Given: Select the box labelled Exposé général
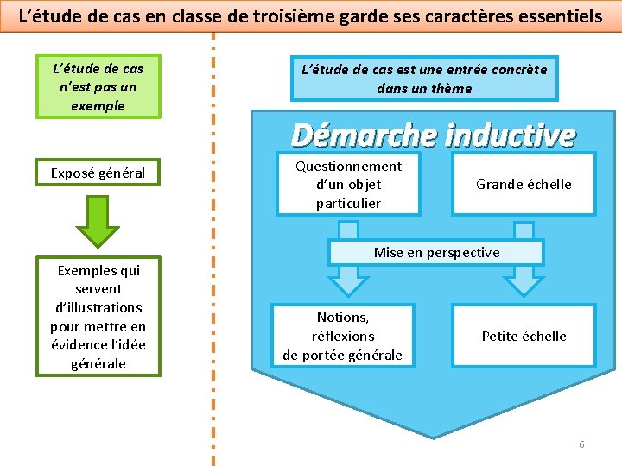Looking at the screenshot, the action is (x=98, y=173).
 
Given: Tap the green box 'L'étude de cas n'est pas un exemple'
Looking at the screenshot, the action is (x=98, y=86).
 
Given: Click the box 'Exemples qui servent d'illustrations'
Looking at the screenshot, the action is (x=98, y=317).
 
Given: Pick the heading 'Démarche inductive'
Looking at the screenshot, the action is (x=433, y=135).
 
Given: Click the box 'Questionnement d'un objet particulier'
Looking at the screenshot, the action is (x=348, y=184).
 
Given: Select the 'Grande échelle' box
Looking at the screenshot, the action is (x=524, y=184).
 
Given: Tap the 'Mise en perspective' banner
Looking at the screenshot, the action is (x=436, y=252).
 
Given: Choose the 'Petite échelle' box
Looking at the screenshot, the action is (x=524, y=336).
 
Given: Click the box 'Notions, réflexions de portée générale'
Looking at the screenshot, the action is (x=342, y=336).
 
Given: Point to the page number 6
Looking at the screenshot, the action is (x=581, y=444).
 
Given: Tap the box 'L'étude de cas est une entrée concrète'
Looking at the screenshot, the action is (x=424, y=79).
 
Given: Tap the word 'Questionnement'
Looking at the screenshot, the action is (x=348, y=166).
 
